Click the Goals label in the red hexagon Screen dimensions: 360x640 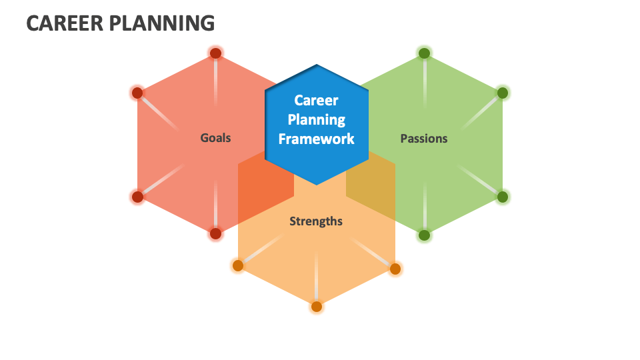(215, 138)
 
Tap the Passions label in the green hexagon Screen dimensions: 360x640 (423, 139)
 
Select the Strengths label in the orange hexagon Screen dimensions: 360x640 (316, 221)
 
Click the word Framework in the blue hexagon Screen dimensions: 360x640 (316, 139)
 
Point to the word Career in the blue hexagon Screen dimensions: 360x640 (316, 101)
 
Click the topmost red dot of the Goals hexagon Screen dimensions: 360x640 (215, 53)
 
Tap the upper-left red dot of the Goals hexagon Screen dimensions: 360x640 (137, 93)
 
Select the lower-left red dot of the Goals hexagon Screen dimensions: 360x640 (137, 197)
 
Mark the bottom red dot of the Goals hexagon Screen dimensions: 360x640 (215, 233)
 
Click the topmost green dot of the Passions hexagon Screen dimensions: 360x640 (424, 53)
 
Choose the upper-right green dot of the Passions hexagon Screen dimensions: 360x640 (503, 93)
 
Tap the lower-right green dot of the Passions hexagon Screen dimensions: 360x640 (503, 197)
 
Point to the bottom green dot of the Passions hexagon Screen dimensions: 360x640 (424, 235)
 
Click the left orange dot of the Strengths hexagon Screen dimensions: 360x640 (238, 266)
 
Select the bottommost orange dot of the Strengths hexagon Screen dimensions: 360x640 (317, 307)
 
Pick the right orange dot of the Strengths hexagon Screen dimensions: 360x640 (395, 269)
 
